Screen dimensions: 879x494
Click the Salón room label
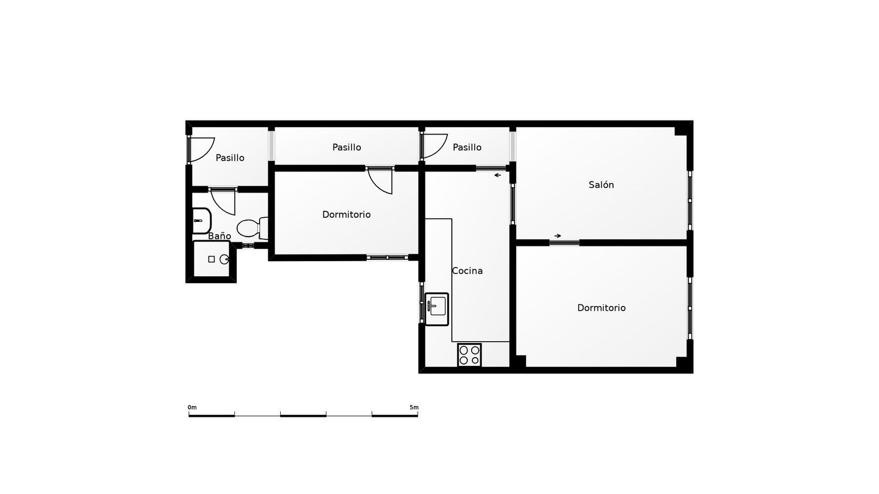[x=601, y=184]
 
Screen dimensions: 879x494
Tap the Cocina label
[x=467, y=270]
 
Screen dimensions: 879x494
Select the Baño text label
[x=219, y=236]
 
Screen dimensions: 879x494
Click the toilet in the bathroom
[x=253, y=228]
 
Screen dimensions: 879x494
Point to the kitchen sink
[x=437, y=309]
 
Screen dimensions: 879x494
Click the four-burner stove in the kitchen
[x=469, y=355]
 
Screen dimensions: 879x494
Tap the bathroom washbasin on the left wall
[x=202, y=221]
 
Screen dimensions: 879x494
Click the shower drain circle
[x=224, y=259]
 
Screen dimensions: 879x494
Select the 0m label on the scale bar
[x=192, y=407]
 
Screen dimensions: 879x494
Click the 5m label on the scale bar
[x=414, y=407]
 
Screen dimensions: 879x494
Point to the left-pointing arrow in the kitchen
[x=498, y=175]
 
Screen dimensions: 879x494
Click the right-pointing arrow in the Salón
[x=558, y=236]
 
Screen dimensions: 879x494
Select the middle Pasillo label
[x=346, y=147]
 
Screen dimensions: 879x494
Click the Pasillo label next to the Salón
[x=467, y=147]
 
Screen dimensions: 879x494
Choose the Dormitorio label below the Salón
[x=601, y=308]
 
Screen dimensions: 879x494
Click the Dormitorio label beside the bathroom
[x=346, y=214]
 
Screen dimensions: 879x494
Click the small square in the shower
[x=212, y=259]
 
